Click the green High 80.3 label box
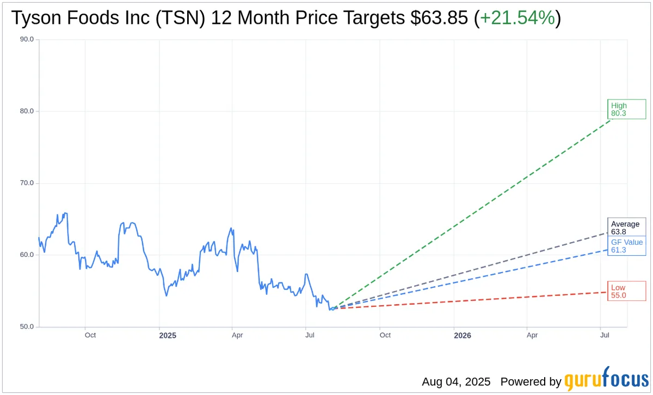(626, 109)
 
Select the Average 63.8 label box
(626, 227)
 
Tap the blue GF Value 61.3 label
(626, 246)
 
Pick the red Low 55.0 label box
(626, 291)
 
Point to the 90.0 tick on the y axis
(26, 40)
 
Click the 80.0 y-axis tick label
(26, 112)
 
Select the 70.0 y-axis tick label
(26, 183)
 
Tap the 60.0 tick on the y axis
(26, 255)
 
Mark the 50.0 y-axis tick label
(26, 327)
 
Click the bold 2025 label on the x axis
(167, 335)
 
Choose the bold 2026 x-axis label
(462, 335)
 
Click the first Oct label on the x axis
(90, 335)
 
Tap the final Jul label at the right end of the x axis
(605, 335)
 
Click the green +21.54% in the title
(517, 18)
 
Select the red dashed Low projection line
(473, 300)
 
